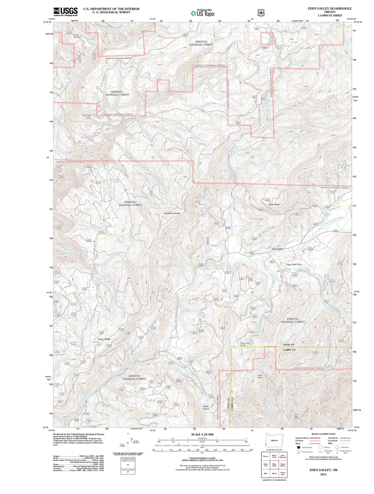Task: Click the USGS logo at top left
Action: pos(65,11)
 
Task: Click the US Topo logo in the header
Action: pos(202,13)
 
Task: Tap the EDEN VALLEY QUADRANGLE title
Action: pos(330,9)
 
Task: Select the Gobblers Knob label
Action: pos(172,213)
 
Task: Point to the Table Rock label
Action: pos(274,204)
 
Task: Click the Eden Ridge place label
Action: pos(104,339)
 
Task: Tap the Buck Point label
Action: pos(206,408)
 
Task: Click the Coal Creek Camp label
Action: pos(86,117)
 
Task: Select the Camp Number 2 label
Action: pos(77,36)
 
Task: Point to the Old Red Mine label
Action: pos(297,416)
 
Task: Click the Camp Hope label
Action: pos(260,376)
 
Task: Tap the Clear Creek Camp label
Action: pos(245,344)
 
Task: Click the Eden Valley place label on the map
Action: pos(278,249)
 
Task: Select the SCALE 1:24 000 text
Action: pos(202,434)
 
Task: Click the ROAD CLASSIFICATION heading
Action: pos(323,434)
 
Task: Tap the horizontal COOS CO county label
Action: pos(289,345)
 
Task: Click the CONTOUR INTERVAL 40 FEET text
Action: pos(202,458)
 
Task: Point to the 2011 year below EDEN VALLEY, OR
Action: pos(323,474)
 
